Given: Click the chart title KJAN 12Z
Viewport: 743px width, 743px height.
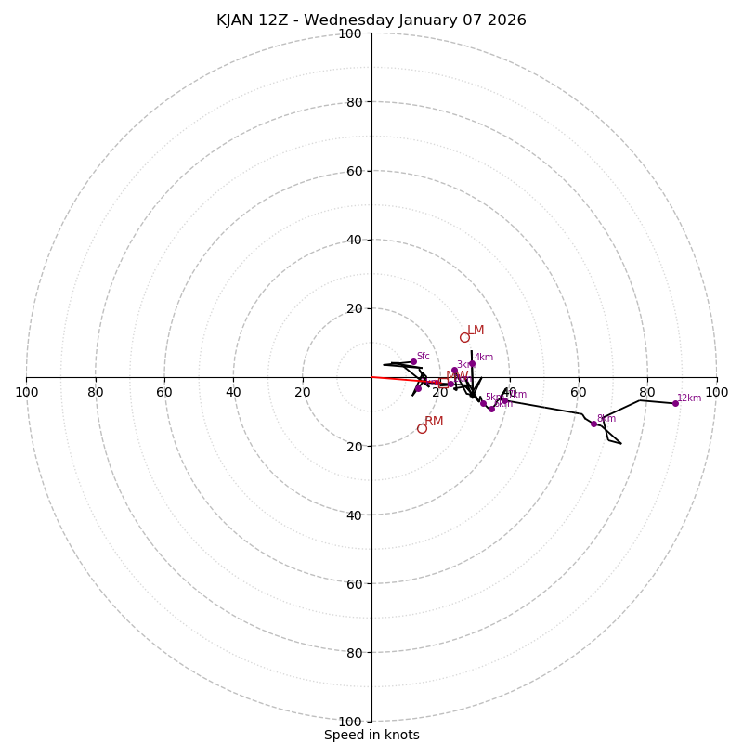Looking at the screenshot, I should point(371,20).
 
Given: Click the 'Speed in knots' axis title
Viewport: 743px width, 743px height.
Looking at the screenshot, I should point(371,735).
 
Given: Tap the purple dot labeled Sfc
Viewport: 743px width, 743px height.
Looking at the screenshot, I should point(413,361).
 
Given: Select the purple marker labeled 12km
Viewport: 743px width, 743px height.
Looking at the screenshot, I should point(675,403).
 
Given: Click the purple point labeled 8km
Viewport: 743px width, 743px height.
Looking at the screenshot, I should point(593,424).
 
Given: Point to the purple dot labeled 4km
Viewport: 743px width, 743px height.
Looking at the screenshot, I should point(472,363).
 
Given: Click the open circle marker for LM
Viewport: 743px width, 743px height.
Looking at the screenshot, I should point(464,337).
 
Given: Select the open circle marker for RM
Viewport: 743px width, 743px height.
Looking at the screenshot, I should point(422,428).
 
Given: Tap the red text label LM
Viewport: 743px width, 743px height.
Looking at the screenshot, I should point(476,331).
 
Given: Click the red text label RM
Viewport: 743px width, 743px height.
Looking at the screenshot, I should point(434,422).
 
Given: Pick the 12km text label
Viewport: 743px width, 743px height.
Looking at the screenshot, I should point(689,398).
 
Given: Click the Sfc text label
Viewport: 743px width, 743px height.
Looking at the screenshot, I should point(423,356).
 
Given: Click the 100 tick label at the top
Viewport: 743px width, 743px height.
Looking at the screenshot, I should point(350,33).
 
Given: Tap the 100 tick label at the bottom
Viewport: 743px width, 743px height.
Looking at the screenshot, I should point(350,721).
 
